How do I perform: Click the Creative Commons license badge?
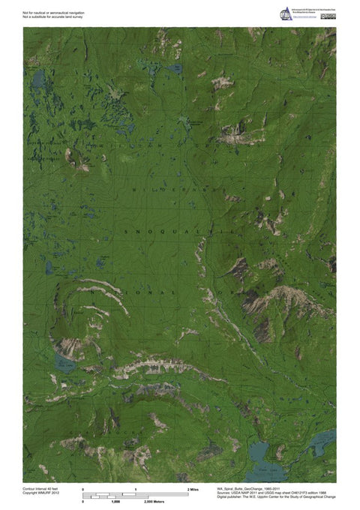pyautogui.click(x=328, y=16)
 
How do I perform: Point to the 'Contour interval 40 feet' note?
pyautogui.click(x=41, y=487)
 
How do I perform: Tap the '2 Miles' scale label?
pyautogui.click(x=192, y=489)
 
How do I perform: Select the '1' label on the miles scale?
pyautogui.click(x=136, y=489)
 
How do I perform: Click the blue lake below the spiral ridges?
pyautogui.click(x=63, y=365)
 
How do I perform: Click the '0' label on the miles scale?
pyautogui.click(x=83, y=489)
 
